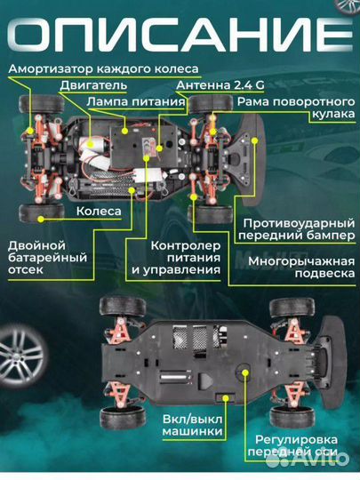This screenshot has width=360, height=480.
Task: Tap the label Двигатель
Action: click(x=93, y=85)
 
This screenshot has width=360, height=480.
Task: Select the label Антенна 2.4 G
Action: click(x=220, y=85)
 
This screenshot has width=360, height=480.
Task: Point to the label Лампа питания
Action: click(x=136, y=102)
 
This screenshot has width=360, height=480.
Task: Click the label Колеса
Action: click(x=99, y=212)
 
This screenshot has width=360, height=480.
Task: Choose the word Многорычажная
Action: click(x=301, y=261)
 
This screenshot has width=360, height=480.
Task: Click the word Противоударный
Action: click(x=299, y=223)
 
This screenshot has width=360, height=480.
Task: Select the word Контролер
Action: click(x=186, y=246)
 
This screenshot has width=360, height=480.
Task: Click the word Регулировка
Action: click(x=296, y=440)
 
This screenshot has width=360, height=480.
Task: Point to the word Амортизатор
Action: click(x=50, y=68)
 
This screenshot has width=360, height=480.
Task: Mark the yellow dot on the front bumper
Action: click(x=254, y=140)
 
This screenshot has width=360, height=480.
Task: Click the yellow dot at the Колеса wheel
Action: click(x=40, y=219)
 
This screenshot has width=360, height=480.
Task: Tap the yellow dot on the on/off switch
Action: click(x=226, y=398)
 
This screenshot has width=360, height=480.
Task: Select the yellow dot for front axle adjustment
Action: click(x=245, y=372)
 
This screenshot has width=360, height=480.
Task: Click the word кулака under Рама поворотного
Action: click(x=333, y=115)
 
